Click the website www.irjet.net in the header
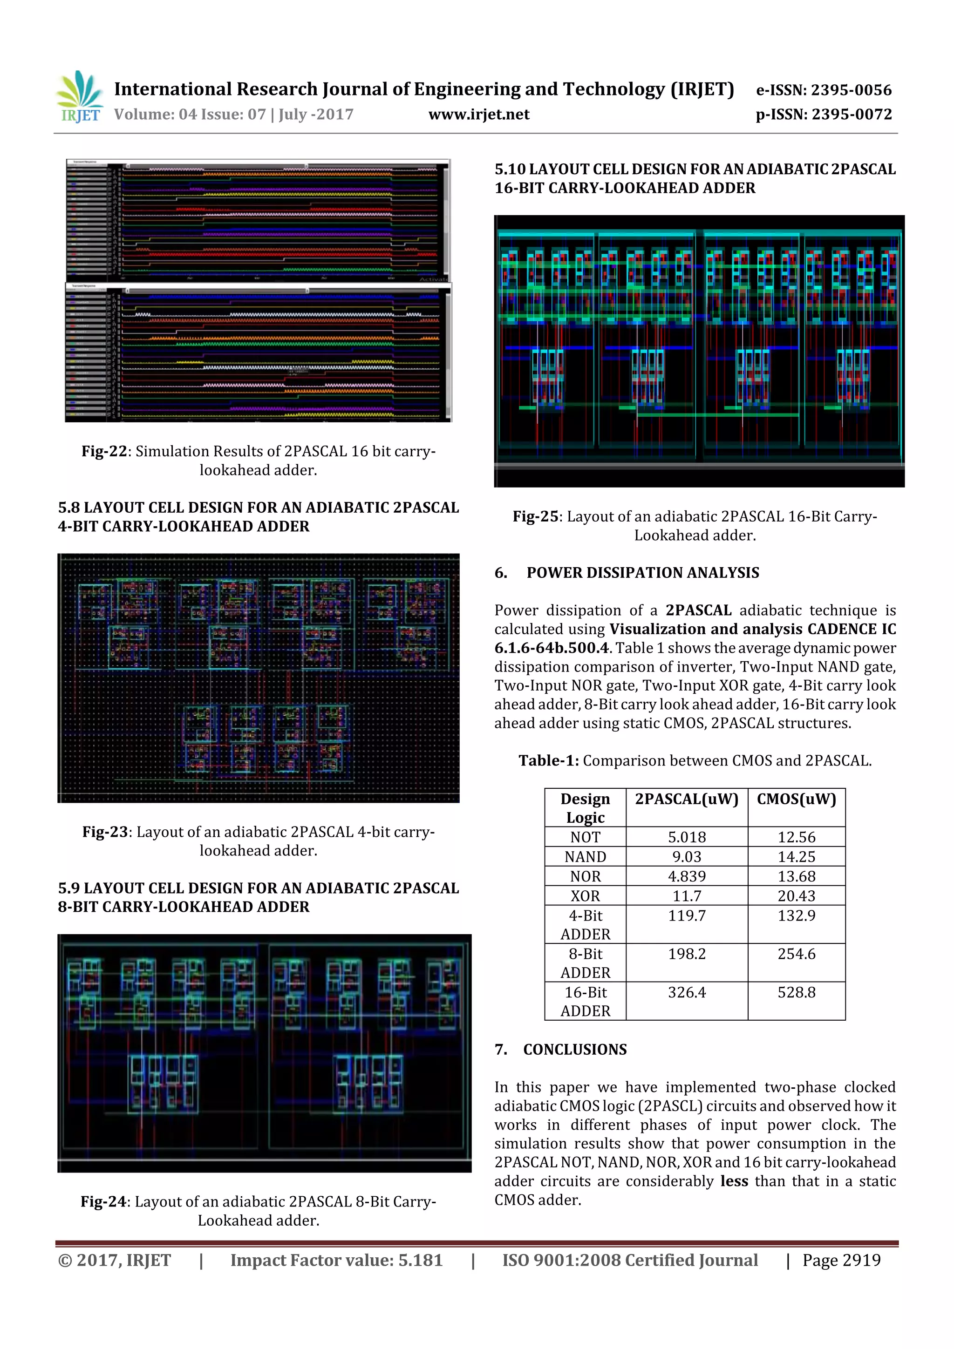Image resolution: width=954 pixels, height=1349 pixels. click(x=478, y=115)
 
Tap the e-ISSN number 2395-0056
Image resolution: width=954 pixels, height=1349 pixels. click(x=851, y=90)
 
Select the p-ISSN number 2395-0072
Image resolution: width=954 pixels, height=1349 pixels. click(x=852, y=115)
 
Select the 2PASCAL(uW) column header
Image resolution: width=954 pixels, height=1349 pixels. click(x=686, y=799)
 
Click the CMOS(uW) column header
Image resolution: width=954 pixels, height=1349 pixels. click(x=796, y=799)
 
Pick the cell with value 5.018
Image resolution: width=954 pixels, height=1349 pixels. click(x=687, y=837)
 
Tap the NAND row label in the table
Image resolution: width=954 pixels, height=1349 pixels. click(x=585, y=857)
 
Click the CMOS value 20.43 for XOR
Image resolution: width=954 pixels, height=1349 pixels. click(x=796, y=896)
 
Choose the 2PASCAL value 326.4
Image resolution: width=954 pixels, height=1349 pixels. click(x=687, y=992)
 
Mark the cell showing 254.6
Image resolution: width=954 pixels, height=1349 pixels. click(x=796, y=954)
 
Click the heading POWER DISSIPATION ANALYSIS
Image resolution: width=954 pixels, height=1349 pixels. click(x=642, y=573)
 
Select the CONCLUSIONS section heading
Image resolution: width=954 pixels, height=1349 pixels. click(x=574, y=1050)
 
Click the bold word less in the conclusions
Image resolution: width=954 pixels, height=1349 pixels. click(x=734, y=1181)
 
